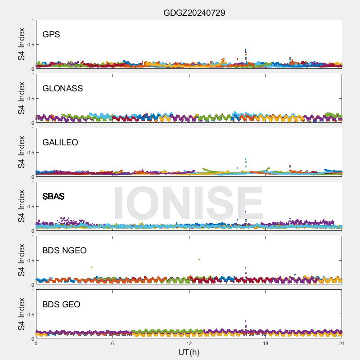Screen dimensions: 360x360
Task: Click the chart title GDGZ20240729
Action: [194, 13]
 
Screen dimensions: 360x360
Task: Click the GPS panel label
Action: [51, 35]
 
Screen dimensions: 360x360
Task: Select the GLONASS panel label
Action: [63, 89]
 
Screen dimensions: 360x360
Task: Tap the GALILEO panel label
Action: [60, 143]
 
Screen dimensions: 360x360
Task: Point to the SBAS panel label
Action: [54, 197]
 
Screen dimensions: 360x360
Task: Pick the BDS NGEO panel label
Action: [64, 251]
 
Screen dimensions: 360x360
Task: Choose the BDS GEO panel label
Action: [61, 305]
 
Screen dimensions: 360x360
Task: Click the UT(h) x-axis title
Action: [189, 352]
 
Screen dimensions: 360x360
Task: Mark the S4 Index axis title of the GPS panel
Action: [22, 44]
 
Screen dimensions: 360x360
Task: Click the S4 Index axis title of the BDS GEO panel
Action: [22, 314]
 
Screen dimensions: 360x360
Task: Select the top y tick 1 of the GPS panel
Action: [32, 21]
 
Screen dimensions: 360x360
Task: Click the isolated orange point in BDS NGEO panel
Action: [92, 267]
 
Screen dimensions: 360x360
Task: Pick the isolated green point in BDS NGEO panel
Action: [199, 260]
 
